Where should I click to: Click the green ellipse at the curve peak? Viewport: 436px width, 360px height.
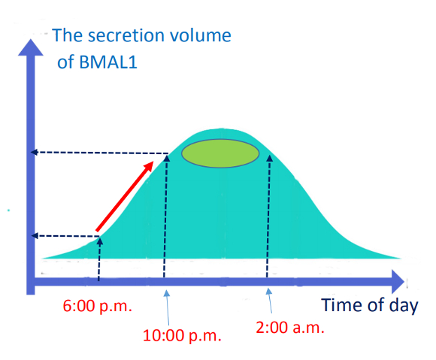(220, 153)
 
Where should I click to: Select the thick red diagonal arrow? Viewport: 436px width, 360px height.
(124, 196)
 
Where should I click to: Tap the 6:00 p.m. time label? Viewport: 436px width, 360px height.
(97, 306)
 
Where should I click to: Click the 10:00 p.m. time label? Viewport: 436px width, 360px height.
(182, 335)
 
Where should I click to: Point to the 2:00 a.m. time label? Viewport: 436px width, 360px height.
(290, 328)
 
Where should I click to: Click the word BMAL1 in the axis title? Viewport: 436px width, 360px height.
(108, 62)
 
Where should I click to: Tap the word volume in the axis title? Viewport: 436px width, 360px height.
(200, 35)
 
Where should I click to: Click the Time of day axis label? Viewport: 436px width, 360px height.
(370, 305)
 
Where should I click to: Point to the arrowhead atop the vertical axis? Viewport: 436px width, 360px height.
(31, 47)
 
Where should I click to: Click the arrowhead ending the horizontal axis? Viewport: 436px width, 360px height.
(398, 281)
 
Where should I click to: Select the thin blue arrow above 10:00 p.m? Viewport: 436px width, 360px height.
(168, 307)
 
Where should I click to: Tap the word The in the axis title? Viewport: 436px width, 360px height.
(68, 35)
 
